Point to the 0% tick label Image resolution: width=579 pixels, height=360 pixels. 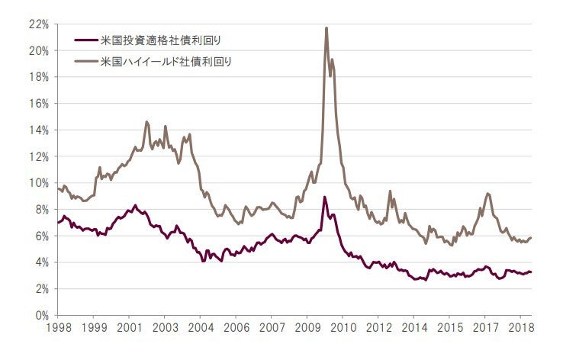click(41, 315)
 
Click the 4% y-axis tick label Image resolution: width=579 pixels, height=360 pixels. click(41, 262)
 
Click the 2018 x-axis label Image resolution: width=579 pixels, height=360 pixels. click(520, 329)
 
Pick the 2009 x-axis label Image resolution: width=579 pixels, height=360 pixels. click(307, 329)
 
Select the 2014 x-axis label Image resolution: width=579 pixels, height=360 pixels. click(413, 329)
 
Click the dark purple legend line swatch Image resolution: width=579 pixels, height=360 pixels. click(85, 40)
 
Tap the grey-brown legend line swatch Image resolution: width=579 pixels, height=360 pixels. click(85, 61)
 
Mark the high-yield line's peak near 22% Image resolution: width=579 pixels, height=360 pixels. click(326, 28)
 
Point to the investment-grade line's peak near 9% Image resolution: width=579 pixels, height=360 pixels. click(325, 197)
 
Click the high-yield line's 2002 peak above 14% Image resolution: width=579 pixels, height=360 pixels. click(146, 121)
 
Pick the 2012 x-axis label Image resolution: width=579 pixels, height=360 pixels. click(378, 329)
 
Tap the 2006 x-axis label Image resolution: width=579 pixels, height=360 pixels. click(236, 329)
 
